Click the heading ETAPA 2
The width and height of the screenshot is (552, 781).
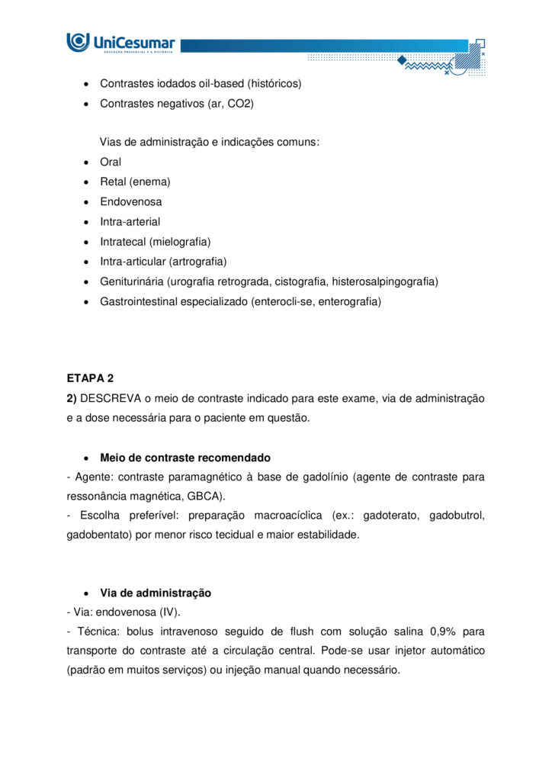point(90,378)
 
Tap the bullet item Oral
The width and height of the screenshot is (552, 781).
point(111,162)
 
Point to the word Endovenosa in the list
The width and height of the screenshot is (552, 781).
point(130,201)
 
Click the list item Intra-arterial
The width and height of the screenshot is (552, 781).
point(130,221)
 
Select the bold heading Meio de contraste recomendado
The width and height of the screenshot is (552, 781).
point(185,458)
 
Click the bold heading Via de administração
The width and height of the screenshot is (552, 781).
point(156,593)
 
